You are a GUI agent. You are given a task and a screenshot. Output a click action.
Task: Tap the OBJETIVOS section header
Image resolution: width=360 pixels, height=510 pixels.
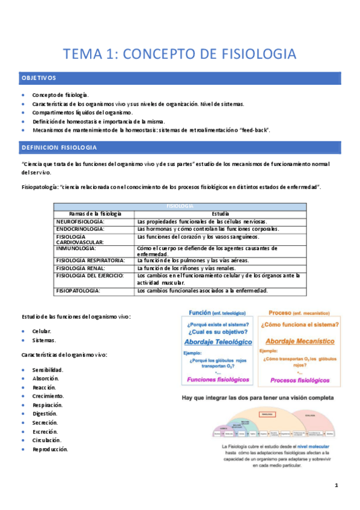pyautogui.click(x=39, y=78)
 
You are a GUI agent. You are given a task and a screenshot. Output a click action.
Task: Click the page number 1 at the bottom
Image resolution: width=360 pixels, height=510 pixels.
pyautogui.click(x=337, y=485)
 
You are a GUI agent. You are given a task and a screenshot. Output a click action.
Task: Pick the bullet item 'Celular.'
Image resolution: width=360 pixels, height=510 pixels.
pyautogui.click(x=41, y=331)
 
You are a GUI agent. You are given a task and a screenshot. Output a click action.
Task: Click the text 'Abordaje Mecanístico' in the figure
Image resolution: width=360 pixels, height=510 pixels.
pyautogui.click(x=297, y=340)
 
